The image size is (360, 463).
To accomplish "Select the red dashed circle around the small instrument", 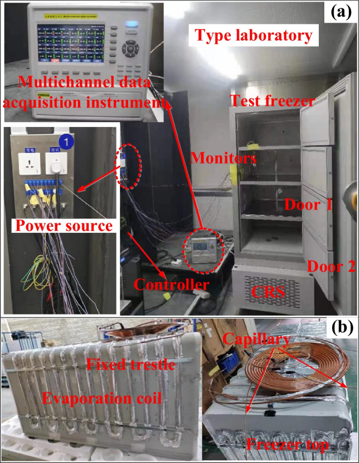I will click(x=203, y=246).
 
